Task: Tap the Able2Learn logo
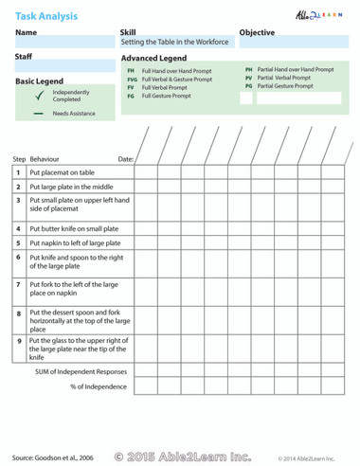tap(323, 15)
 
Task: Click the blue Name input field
tap(63, 44)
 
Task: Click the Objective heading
tap(257, 32)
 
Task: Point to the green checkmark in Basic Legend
tap(39, 96)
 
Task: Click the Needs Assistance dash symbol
tap(39, 113)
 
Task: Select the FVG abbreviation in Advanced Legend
tap(131, 79)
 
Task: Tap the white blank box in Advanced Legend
tap(291, 98)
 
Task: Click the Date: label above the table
tap(125, 159)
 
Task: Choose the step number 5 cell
tap(19, 242)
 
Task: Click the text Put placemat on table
tap(62, 172)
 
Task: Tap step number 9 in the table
tap(19, 339)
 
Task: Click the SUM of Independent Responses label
tap(81, 371)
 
